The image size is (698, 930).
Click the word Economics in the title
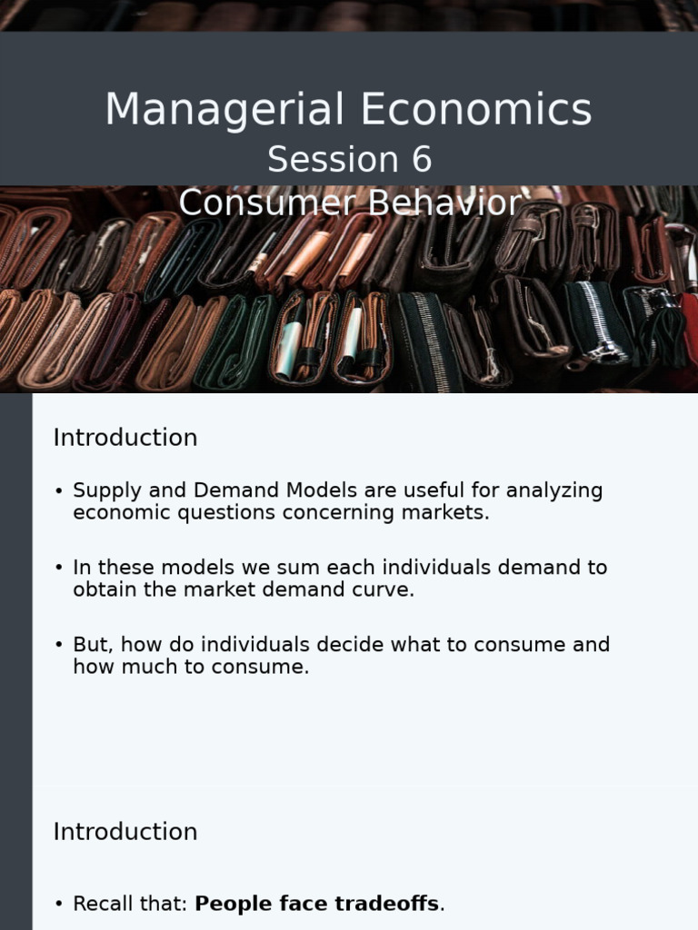[x=476, y=110]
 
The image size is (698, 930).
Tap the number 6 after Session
[x=422, y=160]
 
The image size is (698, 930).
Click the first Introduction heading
[x=125, y=438]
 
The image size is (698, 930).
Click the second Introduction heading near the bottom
[x=125, y=832]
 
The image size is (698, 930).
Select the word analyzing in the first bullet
[x=554, y=490]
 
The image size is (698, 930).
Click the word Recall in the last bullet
[x=102, y=904]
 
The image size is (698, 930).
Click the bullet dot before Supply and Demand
[x=59, y=491]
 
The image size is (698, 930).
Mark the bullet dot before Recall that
[x=59, y=905]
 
